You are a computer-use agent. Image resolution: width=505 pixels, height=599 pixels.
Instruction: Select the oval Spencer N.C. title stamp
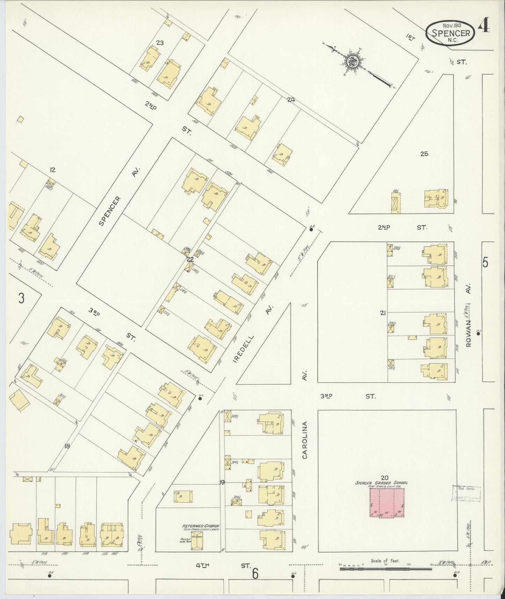(x=450, y=33)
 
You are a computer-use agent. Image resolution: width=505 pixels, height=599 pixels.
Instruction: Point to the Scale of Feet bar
(x=385, y=569)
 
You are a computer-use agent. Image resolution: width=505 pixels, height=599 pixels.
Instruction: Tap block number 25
(x=424, y=154)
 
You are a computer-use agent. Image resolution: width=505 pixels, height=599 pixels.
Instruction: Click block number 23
(x=160, y=43)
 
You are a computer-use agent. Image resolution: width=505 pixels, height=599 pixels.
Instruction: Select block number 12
(x=52, y=170)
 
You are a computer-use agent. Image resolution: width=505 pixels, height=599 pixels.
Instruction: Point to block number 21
(x=383, y=313)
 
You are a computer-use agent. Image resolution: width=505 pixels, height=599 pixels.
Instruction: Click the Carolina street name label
(x=305, y=440)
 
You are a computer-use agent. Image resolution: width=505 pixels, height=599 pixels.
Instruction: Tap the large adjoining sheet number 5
(x=485, y=262)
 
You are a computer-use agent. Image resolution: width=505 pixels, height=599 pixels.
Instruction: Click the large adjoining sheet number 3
(x=21, y=299)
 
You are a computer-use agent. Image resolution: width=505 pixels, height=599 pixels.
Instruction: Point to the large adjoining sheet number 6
(x=255, y=573)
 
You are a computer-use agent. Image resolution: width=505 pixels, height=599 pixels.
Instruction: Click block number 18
(x=67, y=446)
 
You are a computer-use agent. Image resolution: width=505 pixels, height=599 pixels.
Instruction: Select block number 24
(x=290, y=99)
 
